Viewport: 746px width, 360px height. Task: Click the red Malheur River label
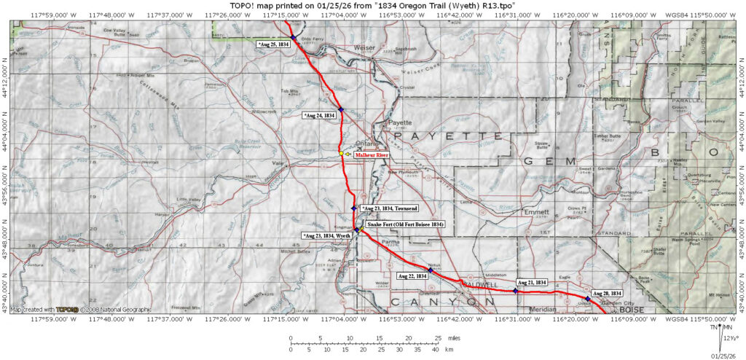[372, 154]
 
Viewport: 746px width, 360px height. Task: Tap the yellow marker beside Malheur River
[341, 154]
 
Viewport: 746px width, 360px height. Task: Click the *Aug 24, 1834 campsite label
[318, 115]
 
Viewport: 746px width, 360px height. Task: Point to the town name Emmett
[537, 213]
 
